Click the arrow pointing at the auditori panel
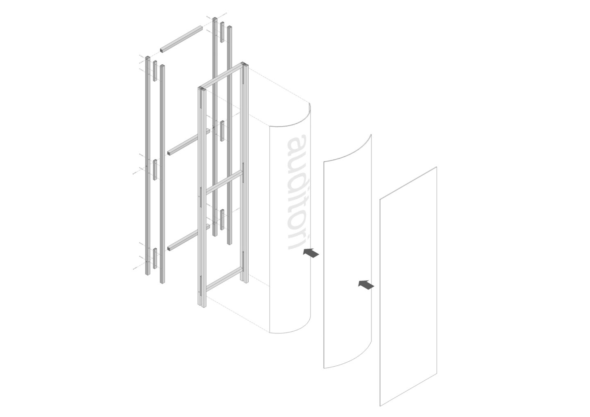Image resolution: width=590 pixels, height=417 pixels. pos(311,253)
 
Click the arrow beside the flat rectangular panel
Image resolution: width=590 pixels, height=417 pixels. pos(366,285)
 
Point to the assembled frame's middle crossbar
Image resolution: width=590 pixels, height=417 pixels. pos(224,181)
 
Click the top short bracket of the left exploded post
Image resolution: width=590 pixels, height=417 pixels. pos(155,71)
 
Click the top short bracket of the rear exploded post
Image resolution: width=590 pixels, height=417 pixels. pos(222,32)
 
